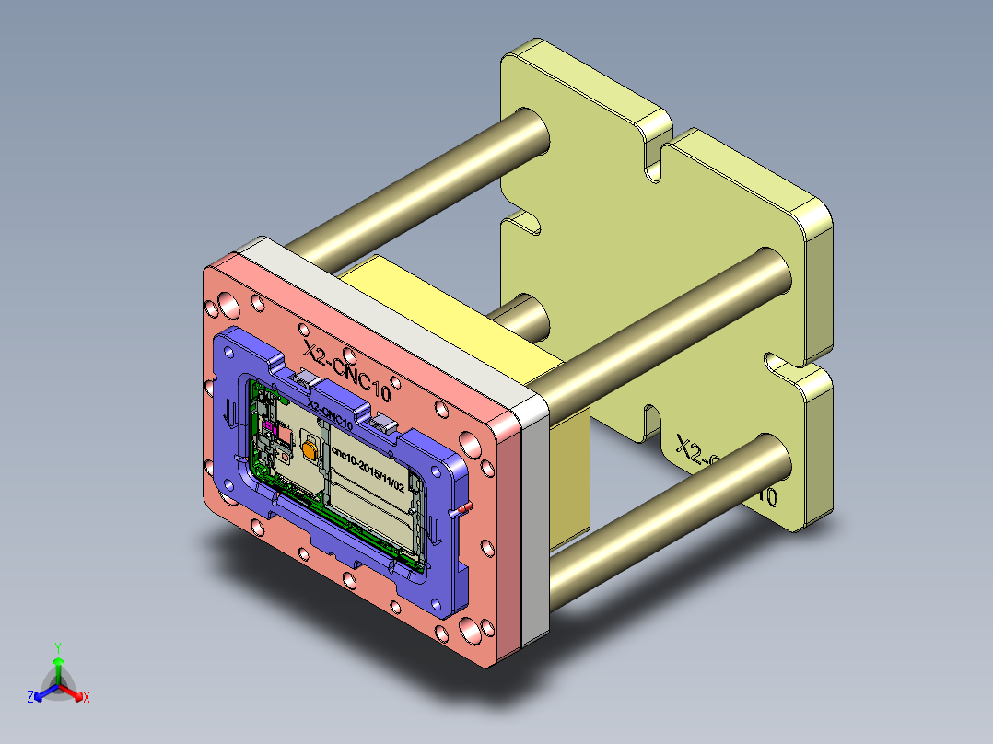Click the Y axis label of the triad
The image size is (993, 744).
coord(57,646)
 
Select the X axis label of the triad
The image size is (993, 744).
coord(86,698)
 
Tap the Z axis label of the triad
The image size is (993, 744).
coord(30,698)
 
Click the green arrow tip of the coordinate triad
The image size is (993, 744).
coord(57,662)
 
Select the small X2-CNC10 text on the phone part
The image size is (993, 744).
coord(329,413)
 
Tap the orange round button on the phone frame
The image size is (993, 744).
coord(308,449)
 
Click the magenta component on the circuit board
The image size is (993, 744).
coord(272,426)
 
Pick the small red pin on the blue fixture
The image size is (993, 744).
coord(463,508)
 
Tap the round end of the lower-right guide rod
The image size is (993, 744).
coord(772,457)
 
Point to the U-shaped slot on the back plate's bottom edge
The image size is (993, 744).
coord(652,420)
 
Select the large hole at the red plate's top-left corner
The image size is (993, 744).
coord(226,305)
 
